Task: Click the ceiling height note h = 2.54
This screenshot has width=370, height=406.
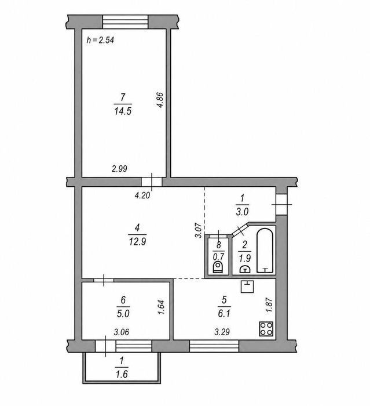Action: pos(100,40)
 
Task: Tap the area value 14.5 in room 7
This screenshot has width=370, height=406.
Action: pos(123,111)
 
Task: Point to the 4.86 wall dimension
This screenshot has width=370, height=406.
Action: pos(160,100)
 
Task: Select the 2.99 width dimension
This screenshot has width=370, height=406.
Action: pos(119,169)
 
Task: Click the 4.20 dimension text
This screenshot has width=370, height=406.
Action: pos(142,195)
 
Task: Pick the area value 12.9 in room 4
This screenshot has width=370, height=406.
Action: pos(137,242)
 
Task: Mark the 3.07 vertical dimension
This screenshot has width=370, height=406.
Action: pos(198,230)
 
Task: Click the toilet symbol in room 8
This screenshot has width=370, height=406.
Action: pos(218,267)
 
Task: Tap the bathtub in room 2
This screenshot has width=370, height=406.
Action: pos(265,251)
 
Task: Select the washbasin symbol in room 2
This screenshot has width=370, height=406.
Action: pos(244,269)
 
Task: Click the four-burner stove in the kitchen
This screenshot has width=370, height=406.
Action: pos(266,329)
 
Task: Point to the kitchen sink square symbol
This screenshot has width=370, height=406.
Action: pos(247,287)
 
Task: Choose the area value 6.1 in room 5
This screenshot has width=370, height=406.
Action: pos(224,314)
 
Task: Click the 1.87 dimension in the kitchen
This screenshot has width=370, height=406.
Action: pos(269,305)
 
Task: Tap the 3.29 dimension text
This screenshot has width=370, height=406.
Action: pos(222,332)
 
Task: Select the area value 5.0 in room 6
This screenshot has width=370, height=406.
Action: pos(123,314)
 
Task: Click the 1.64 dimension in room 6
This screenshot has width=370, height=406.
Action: pos(161,307)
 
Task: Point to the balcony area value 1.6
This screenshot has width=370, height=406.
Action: pos(122,374)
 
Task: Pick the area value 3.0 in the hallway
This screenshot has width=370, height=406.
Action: pos(242,212)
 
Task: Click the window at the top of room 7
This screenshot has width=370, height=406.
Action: pos(126,22)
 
